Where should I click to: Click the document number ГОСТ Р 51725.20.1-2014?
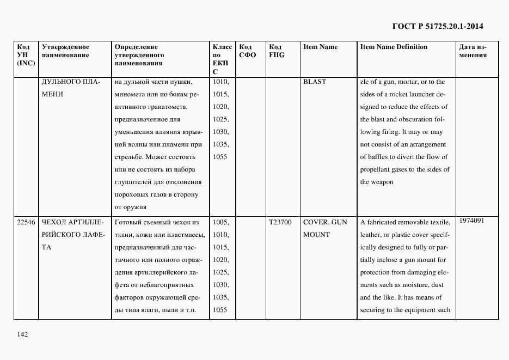tap(438, 26)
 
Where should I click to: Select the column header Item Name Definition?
tap(394, 47)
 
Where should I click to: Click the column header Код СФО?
tap(247, 51)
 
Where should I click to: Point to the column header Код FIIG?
tap(277, 51)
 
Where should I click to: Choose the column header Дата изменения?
tap(473, 51)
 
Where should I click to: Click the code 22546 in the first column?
tap(26, 222)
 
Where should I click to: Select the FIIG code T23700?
tap(280, 222)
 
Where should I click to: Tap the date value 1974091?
tap(471, 221)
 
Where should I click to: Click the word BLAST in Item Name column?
tap(315, 82)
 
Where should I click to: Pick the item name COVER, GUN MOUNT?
tap(324, 228)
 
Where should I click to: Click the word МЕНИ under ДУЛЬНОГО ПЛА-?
tap(52, 94)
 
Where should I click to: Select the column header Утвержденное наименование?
tap(66, 51)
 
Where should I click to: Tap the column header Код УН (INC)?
tap(26, 55)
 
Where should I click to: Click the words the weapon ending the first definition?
tap(376, 182)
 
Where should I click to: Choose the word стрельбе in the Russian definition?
tap(129, 157)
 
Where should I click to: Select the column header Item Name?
tap(320, 47)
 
